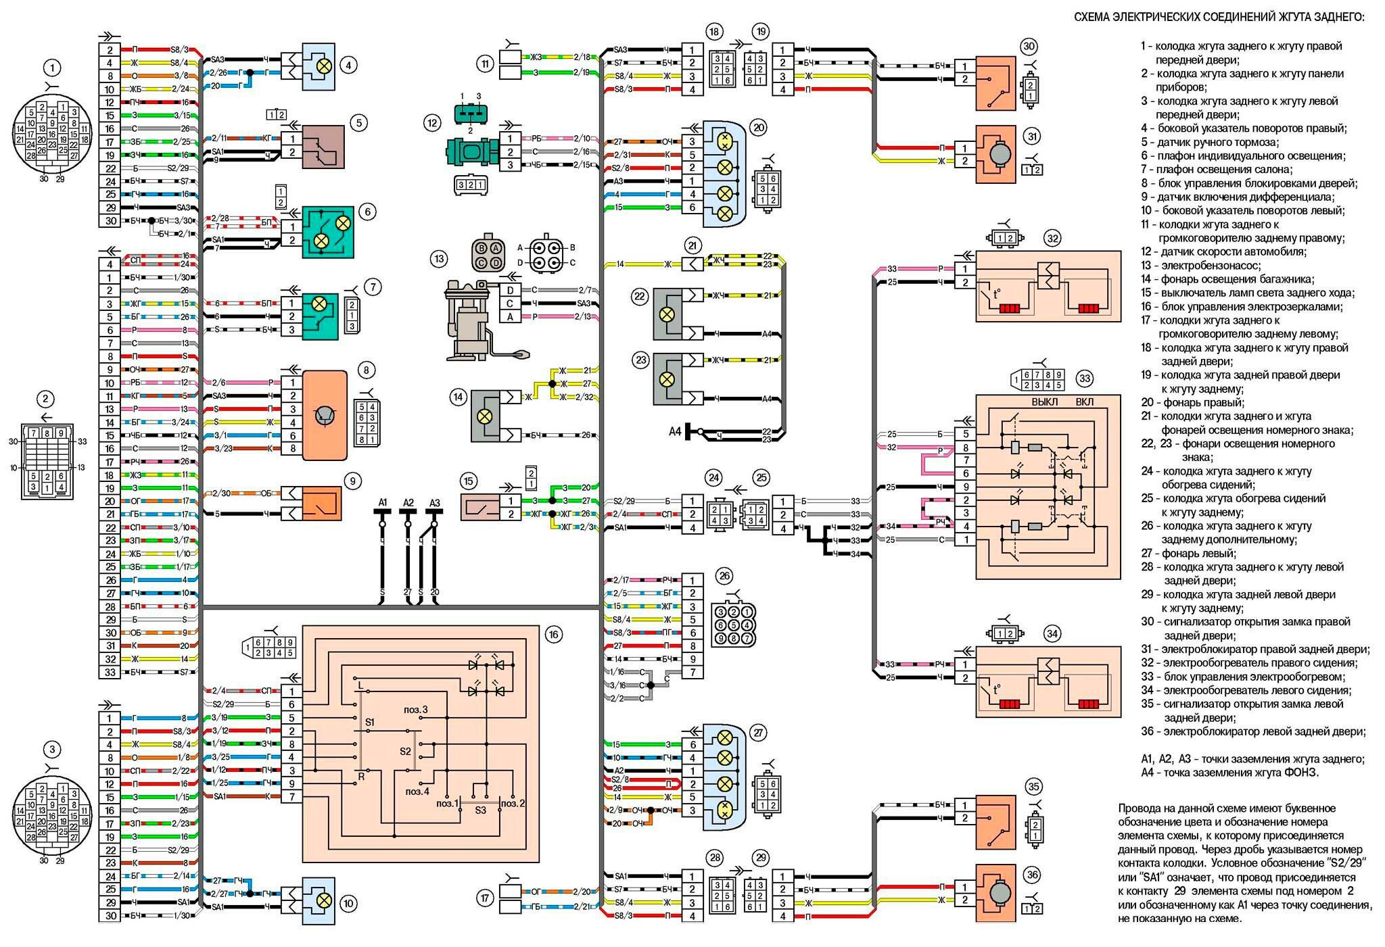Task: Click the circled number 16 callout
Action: (x=554, y=634)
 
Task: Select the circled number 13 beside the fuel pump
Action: (x=440, y=258)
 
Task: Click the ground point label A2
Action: (x=408, y=502)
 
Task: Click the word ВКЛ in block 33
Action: (x=1084, y=402)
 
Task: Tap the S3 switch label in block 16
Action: (x=480, y=810)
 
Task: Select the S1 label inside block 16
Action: (x=369, y=723)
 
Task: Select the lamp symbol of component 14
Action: (x=484, y=416)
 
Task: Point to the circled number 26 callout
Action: (x=724, y=577)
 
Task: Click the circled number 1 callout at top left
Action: (x=51, y=68)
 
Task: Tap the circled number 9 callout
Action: (x=352, y=481)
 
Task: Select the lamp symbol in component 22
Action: (x=667, y=314)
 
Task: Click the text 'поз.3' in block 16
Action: (x=416, y=709)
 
